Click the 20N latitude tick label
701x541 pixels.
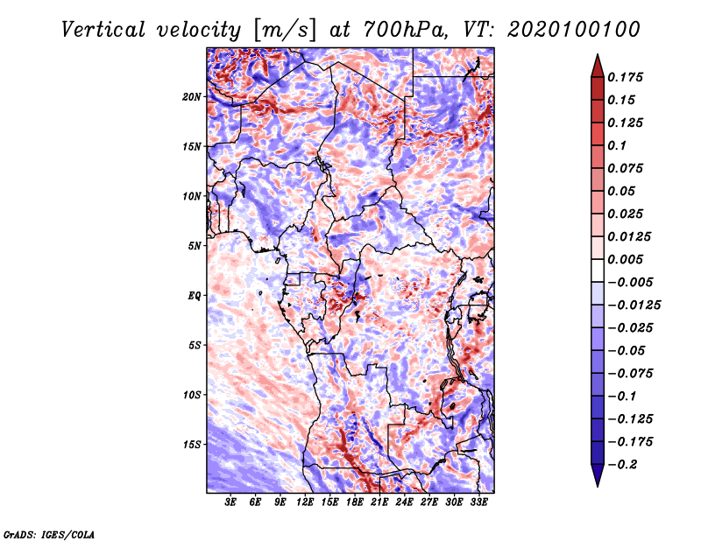click(x=192, y=97)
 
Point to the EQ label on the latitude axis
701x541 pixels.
click(x=195, y=296)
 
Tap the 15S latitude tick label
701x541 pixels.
click(x=192, y=445)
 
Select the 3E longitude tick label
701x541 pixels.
click(x=230, y=502)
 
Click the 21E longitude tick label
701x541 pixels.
click(x=379, y=502)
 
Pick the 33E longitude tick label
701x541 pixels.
click(x=478, y=502)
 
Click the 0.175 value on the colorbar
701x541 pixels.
click(x=625, y=77)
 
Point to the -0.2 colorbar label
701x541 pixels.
click(x=622, y=465)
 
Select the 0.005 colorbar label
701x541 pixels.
click(x=625, y=259)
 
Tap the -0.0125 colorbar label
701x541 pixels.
click(x=634, y=306)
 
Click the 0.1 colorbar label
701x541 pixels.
click(x=617, y=145)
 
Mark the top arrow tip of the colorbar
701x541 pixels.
click(x=598, y=54)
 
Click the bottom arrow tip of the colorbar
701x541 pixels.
click(x=598, y=486)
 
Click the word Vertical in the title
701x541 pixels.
click(x=103, y=30)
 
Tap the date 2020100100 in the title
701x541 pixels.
click(x=574, y=30)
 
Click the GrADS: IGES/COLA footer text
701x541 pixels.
click(x=49, y=534)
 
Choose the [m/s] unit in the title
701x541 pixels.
click(x=284, y=31)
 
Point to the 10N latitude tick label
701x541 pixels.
click(x=192, y=196)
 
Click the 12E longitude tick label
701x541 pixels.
click(x=305, y=502)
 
